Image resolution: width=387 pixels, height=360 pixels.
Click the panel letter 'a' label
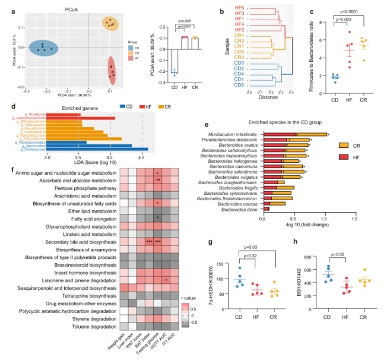5,4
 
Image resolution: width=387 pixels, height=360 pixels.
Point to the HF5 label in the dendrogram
240,7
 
